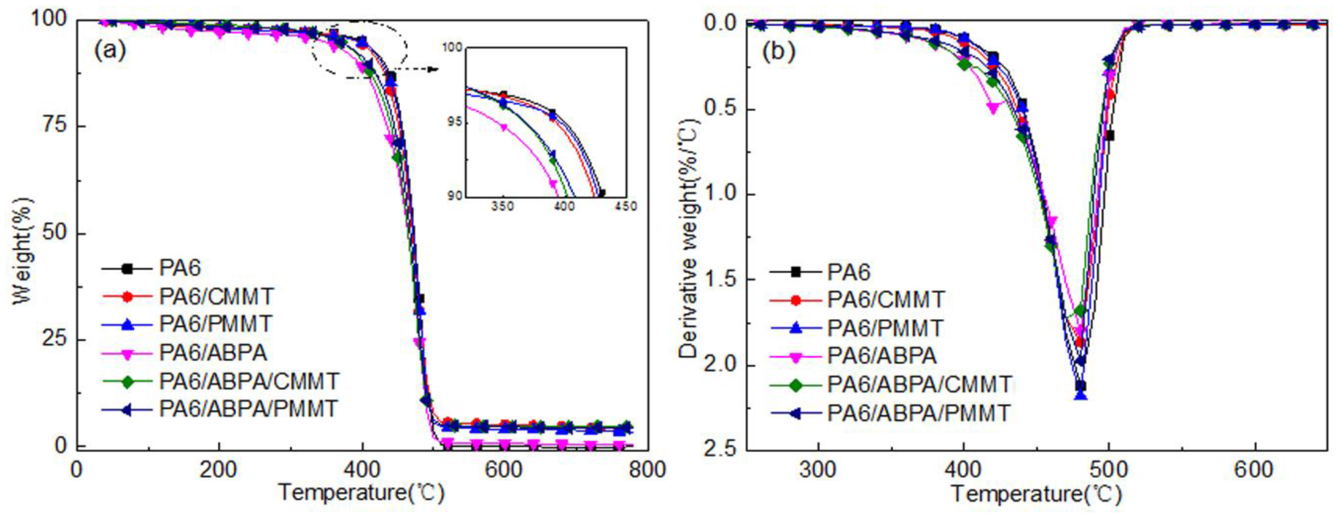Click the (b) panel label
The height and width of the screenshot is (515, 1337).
click(x=779, y=52)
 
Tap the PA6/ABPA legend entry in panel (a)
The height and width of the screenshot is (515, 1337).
click(x=213, y=353)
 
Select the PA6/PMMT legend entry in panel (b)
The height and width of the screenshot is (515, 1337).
click(x=885, y=328)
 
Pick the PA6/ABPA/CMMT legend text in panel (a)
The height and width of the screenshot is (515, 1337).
click(x=249, y=381)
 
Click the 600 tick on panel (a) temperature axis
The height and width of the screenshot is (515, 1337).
click(x=504, y=470)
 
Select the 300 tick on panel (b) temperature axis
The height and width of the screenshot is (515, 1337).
click(x=818, y=470)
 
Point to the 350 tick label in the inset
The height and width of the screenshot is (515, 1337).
click(x=502, y=206)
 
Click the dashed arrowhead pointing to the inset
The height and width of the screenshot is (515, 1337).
click(x=434, y=69)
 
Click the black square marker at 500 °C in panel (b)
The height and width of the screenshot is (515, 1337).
click(x=1109, y=135)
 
